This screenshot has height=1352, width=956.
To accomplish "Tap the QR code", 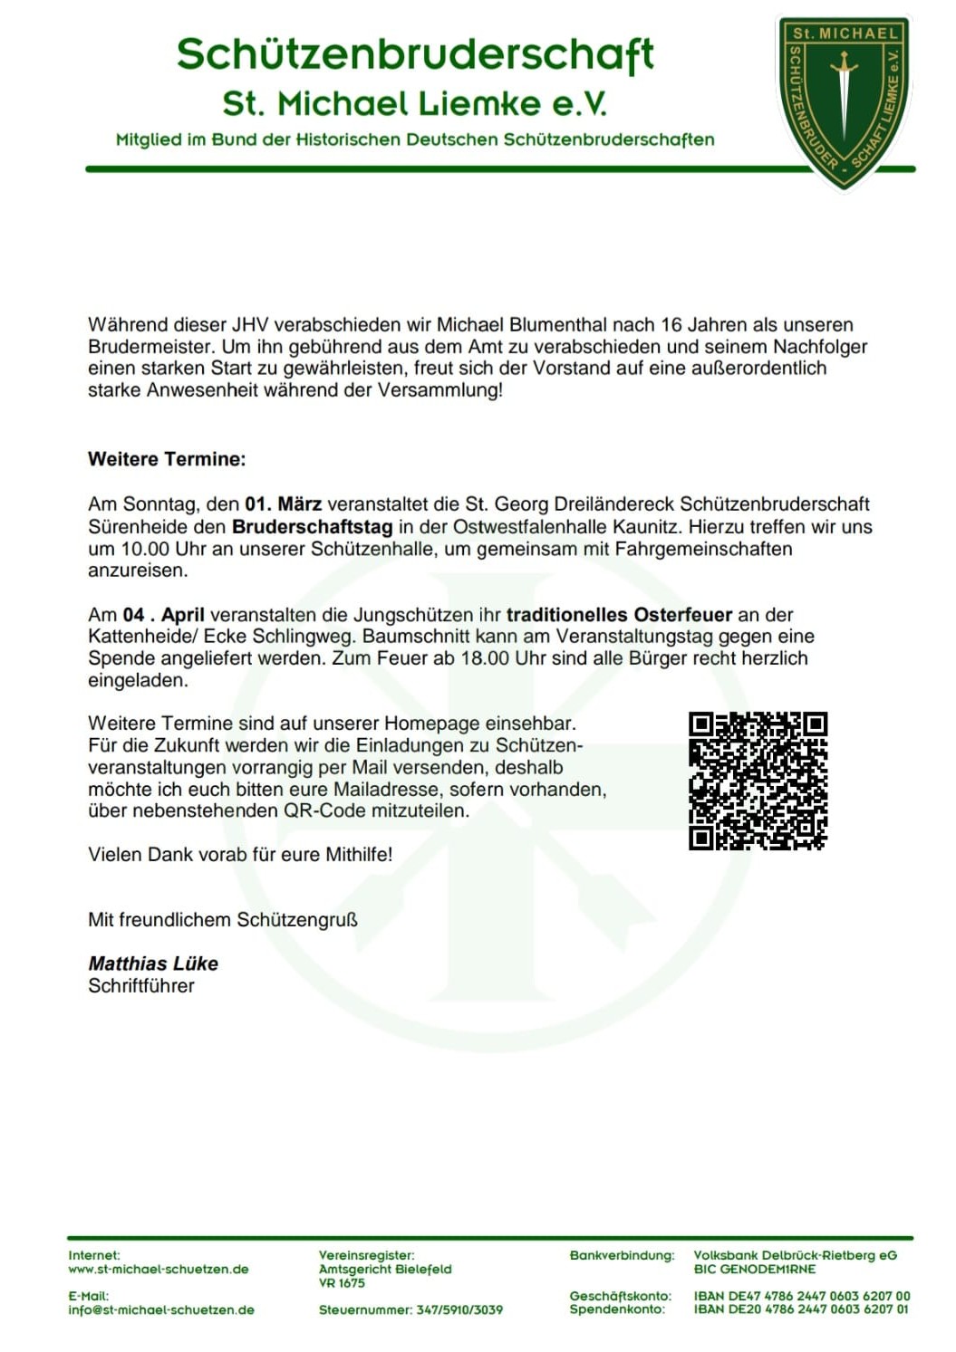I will click(x=758, y=781).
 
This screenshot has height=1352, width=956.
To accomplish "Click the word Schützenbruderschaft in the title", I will click(x=415, y=54).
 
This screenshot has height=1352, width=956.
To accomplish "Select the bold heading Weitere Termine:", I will click(x=167, y=459).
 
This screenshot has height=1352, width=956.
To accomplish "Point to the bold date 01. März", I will click(x=283, y=504).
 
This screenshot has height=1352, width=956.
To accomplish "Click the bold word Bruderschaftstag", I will click(x=312, y=527).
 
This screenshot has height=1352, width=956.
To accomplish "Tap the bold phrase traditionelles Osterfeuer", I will click(x=619, y=615).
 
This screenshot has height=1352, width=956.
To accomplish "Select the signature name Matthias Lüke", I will click(x=153, y=964).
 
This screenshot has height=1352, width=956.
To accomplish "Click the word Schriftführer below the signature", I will click(x=141, y=986).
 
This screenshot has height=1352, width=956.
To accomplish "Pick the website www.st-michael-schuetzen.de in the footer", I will click(x=159, y=1270).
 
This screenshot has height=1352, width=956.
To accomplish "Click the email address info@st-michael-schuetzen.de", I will click(x=161, y=1310).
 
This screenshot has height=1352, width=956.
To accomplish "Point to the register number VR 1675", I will click(x=342, y=1283).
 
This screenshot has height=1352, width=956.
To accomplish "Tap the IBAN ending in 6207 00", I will click(x=802, y=1297).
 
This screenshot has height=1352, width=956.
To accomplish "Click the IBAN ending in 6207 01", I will click(x=802, y=1309).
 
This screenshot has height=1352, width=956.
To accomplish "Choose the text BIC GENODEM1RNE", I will click(x=755, y=1270).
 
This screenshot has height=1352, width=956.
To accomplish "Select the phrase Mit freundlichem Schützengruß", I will click(x=223, y=920).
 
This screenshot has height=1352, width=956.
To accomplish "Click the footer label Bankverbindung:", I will click(x=622, y=1256).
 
